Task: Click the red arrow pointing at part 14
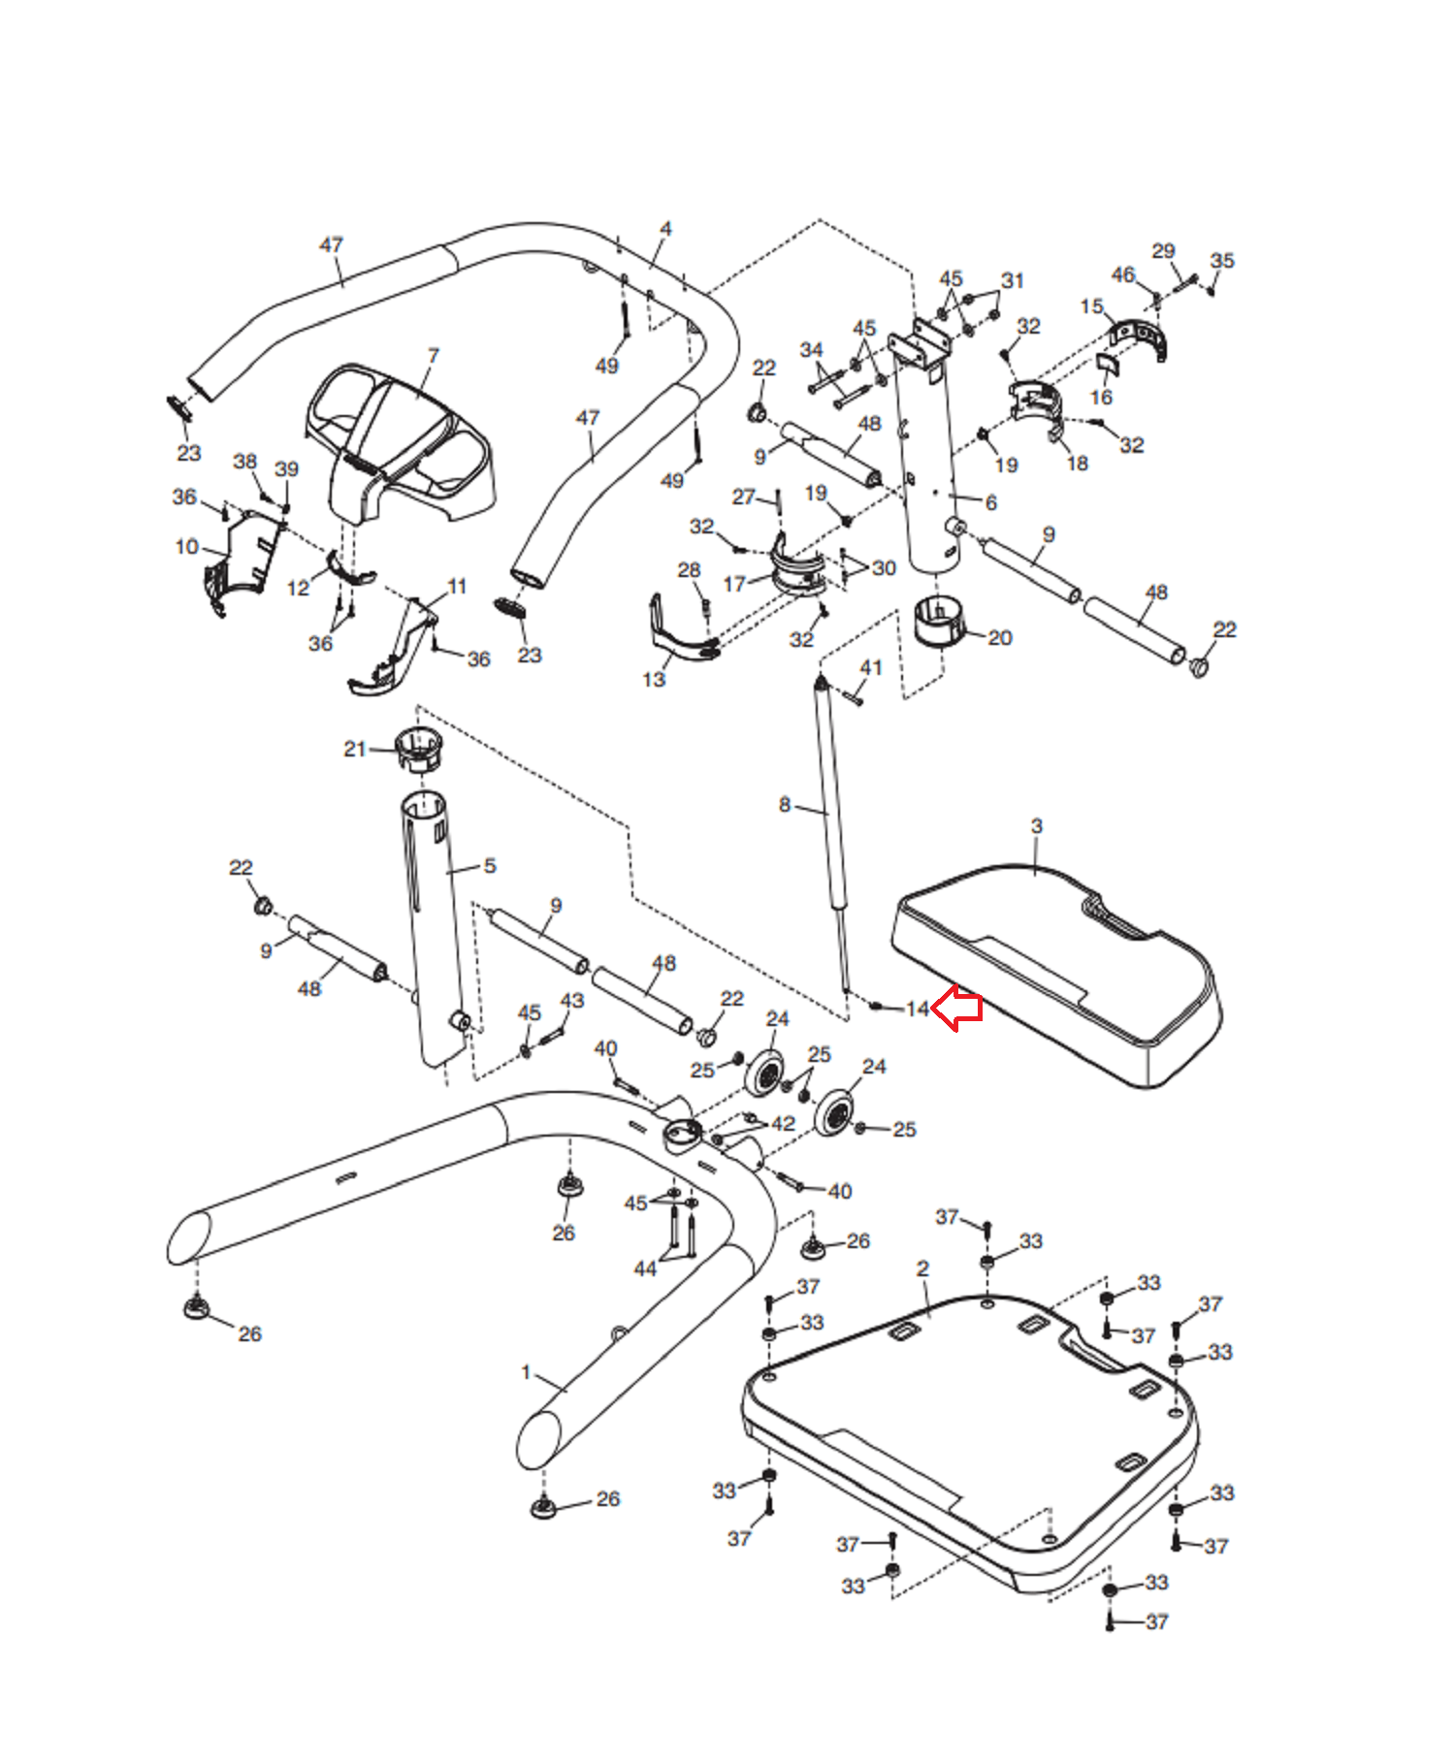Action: click(x=957, y=1008)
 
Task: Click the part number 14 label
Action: click(x=917, y=1009)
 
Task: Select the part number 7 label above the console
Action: click(x=433, y=356)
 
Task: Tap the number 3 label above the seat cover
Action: click(x=1036, y=826)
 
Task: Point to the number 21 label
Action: click(x=354, y=749)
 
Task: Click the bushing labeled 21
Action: click(x=419, y=749)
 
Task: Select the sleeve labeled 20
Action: click(x=939, y=621)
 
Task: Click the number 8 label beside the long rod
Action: click(x=784, y=804)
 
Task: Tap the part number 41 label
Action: click(x=870, y=667)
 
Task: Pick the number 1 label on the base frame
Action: click(x=526, y=1372)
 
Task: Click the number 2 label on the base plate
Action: click(x=922, y=1268)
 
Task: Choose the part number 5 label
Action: click(x=489, y=865)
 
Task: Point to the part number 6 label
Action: click(x=990, y=502)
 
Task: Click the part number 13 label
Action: click(x=654, y=679)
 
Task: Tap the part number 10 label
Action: click(x=187, y=547)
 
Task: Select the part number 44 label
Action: click(x=645, y=1268)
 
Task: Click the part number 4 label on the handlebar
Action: click(x=665, y=229)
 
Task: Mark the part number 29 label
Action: click(x=1163, y=251)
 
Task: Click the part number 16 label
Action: click(x=1101, y=398)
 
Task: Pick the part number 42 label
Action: click(x=783, y=1123)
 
